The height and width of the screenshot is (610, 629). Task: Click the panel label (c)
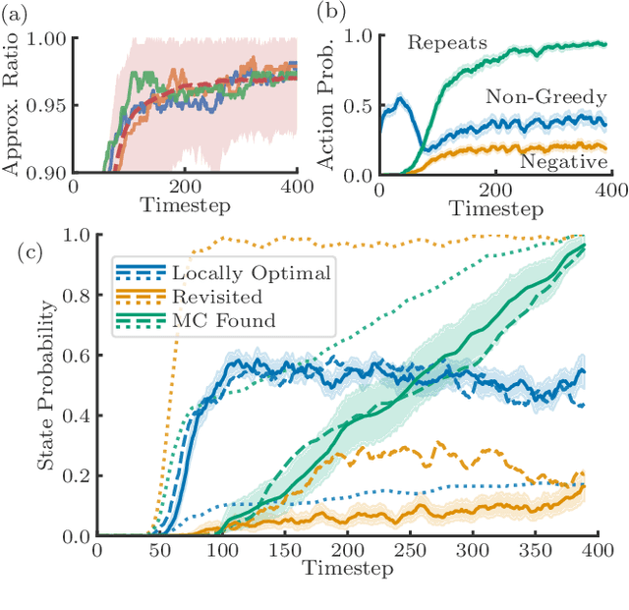tap(32, 252)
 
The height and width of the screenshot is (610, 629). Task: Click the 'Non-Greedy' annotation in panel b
tap(532, 96)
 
